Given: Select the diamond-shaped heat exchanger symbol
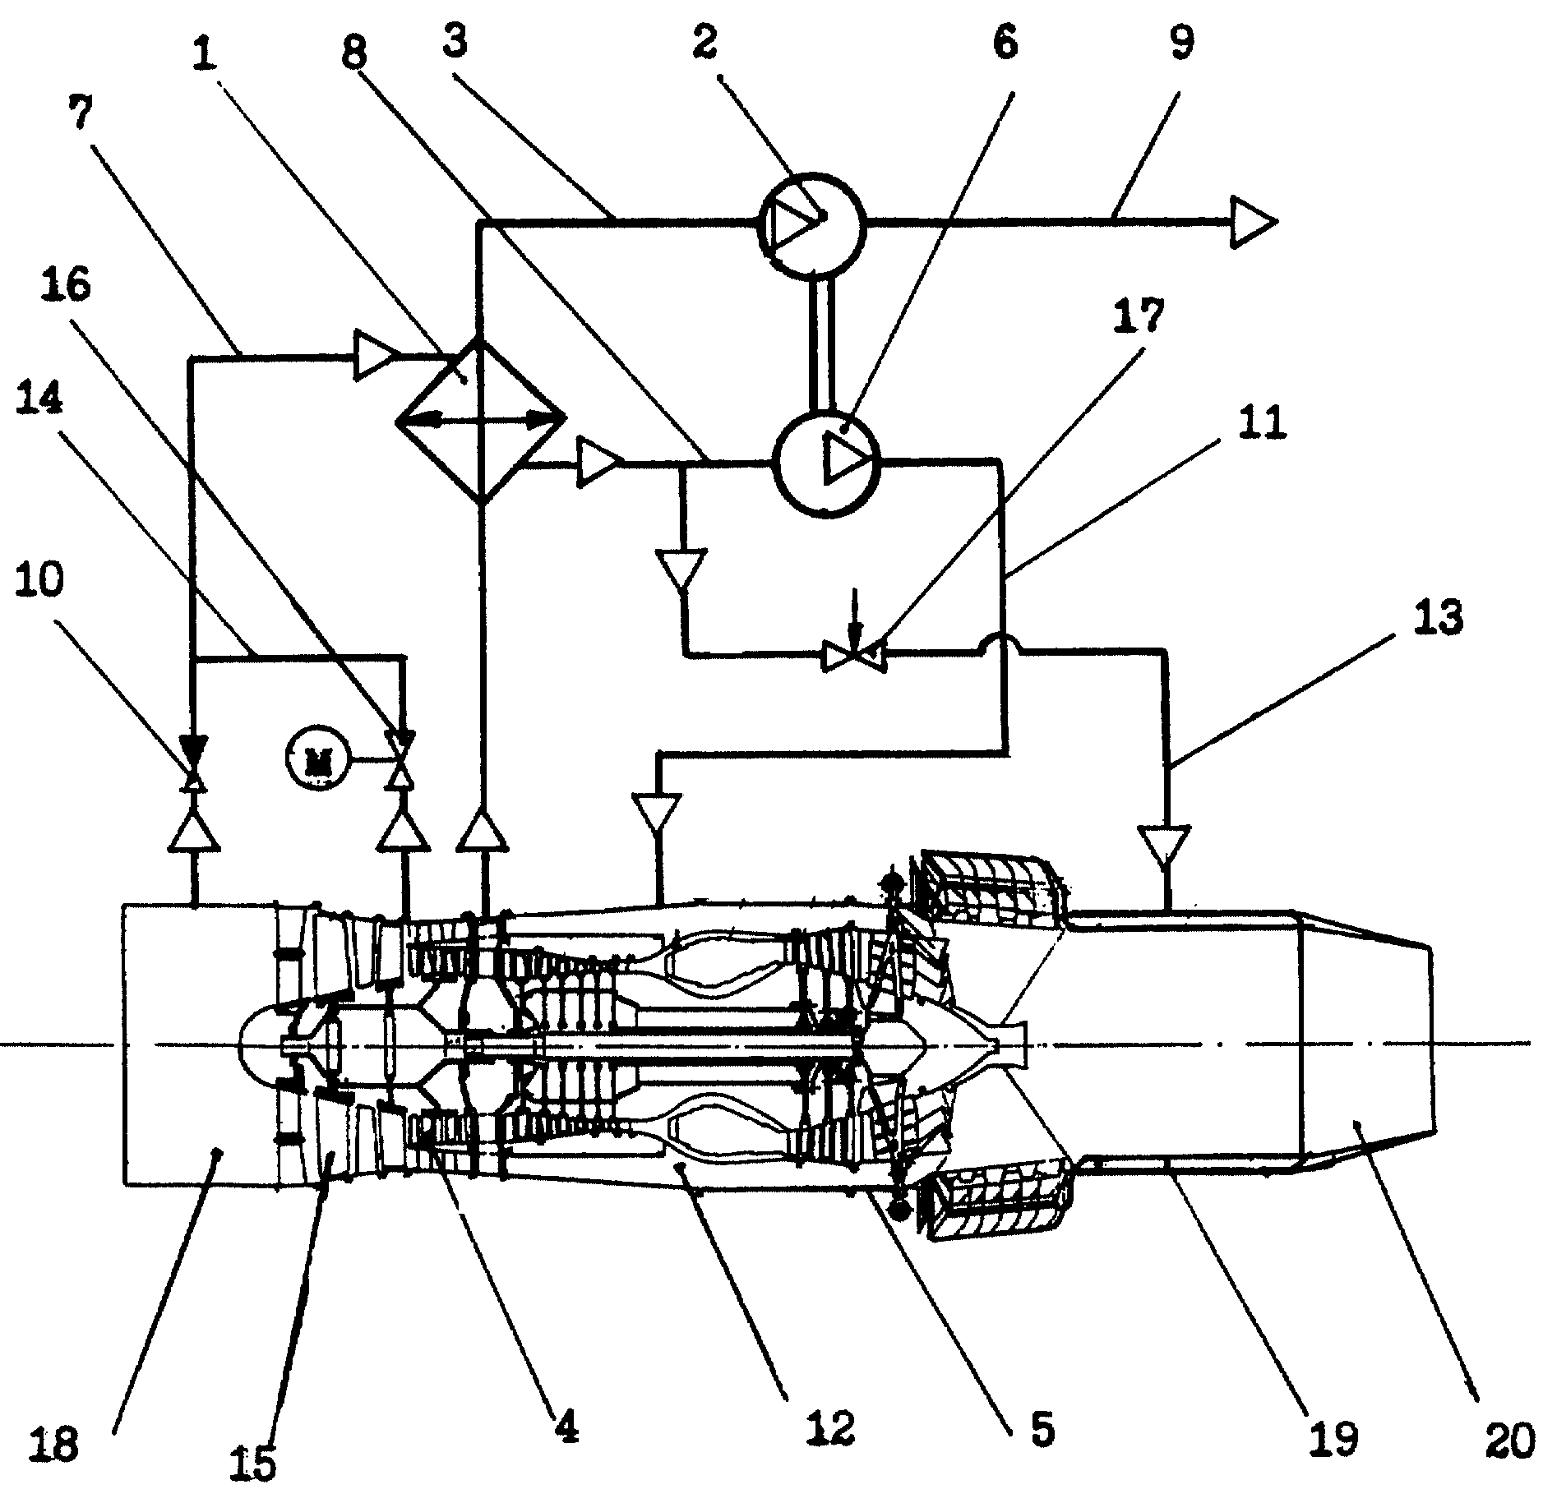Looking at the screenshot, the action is click(x=481, y=421).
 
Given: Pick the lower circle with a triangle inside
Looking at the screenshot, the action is click(x=827, y=462).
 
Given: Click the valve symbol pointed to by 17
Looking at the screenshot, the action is click(x=855, y=656).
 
